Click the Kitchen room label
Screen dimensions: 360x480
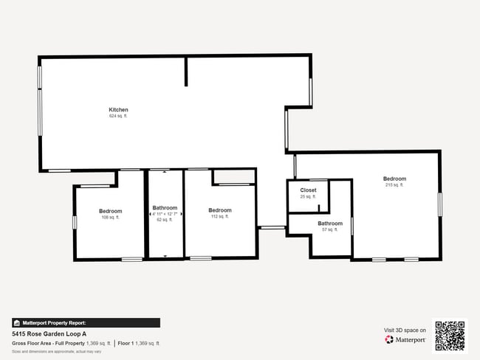[x=118, y=110]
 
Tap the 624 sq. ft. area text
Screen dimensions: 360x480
[x=118, y=116]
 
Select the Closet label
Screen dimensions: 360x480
[x=308, y=190]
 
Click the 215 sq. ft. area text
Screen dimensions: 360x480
[x=394, y=185]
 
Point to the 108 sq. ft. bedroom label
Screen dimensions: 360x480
[x=110, y=211]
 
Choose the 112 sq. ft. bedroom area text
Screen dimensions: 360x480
[x=220, y=216]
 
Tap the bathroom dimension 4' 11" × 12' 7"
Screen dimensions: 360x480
[x=164, y=214]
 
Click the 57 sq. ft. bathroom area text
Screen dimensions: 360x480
[x=329, y=229]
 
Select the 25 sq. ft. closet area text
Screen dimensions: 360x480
[x=308, y=197]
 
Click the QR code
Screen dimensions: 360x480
[x=450, y=335]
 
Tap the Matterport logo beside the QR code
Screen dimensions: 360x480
[x=405, y=339]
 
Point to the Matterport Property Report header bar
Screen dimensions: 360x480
[x=86, y=322]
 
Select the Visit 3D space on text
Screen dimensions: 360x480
[x=405, y=330]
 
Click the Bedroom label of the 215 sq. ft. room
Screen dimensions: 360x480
[x=394, y=179]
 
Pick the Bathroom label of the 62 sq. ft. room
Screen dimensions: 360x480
[x=164, y=207]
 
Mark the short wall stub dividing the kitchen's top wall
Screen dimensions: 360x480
[x=186, y=71]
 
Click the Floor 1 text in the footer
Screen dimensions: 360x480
[x=127, y=343]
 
